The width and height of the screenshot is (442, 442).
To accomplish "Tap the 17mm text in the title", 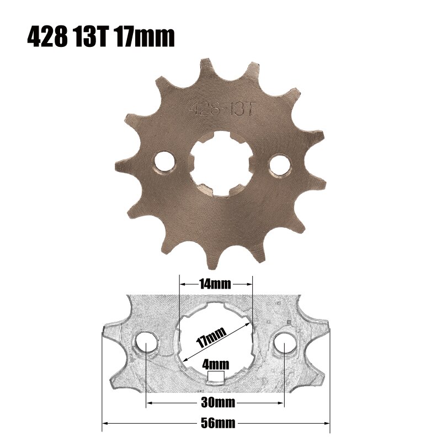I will pos(144,38).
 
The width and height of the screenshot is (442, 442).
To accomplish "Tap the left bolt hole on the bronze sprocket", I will pos(164,162).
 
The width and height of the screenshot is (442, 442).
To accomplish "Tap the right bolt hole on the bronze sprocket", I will pos(279,164).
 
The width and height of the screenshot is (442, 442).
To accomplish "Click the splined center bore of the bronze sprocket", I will pos(221,163).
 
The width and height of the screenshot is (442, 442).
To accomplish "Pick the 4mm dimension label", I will pos(215,365).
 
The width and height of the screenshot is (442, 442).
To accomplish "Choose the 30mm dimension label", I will pos(215,403).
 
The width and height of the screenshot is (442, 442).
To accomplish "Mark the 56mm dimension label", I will pos(215,423).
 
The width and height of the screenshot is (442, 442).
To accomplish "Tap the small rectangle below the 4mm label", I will pos(216,377).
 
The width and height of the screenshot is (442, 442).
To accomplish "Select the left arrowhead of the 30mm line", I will pos(149,403).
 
